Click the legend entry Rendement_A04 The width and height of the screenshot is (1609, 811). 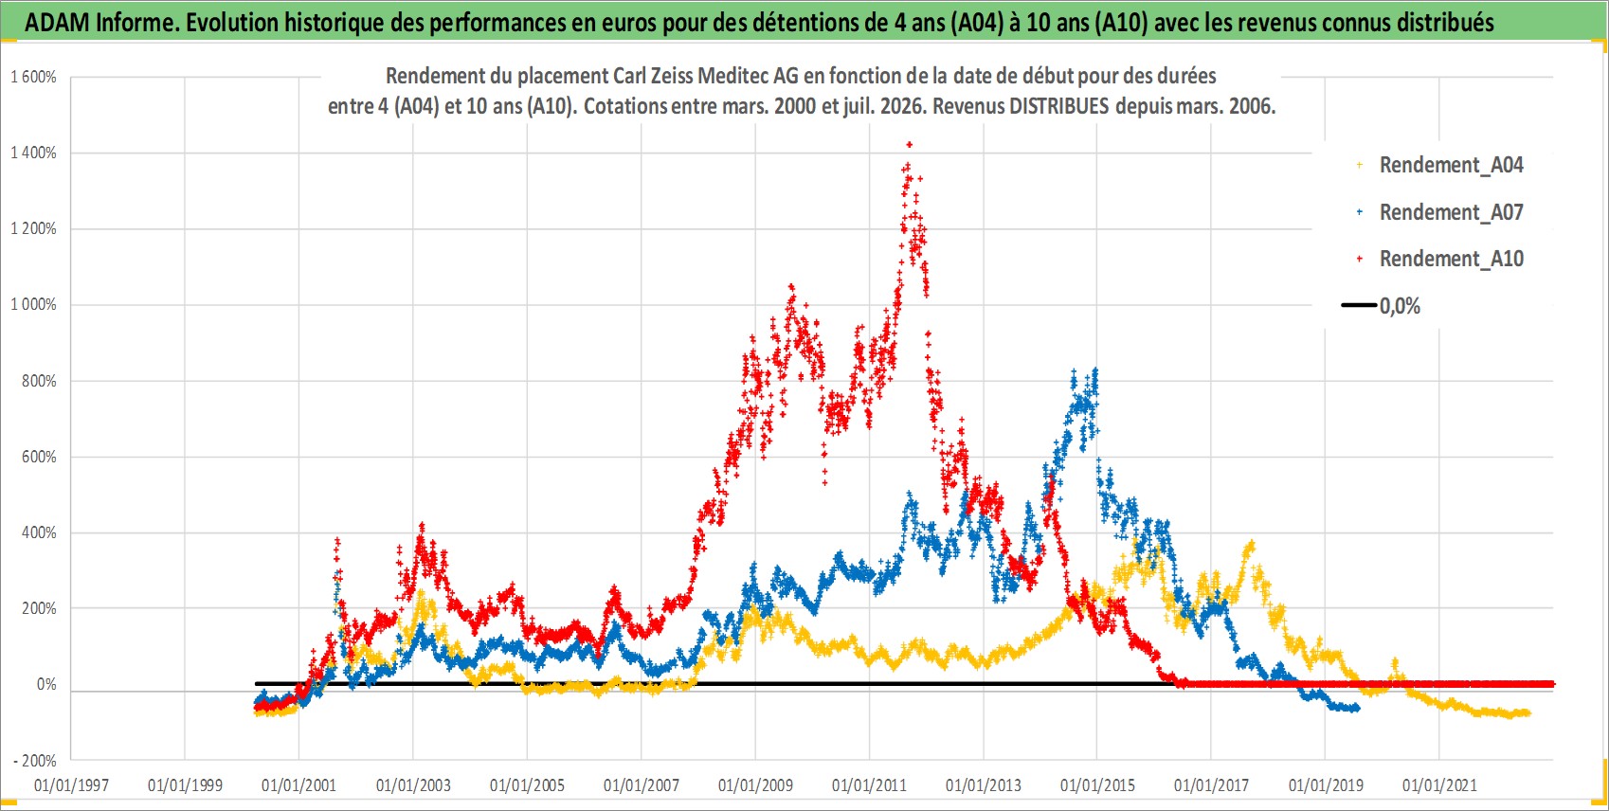(x=1440, y=165)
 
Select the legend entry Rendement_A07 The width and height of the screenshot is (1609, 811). (x=1440, y=212)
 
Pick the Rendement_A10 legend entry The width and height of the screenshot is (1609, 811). (x=1440, y=259)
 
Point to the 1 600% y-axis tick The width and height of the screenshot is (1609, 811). (x=33, y=77)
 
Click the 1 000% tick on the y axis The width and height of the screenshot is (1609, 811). (x=33, y=304)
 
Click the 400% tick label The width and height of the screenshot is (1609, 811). (x=39, y=533)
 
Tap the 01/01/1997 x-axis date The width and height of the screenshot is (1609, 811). (x=71, y=785)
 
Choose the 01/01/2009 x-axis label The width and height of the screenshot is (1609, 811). (x=755, y=785)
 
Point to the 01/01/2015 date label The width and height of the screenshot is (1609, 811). (x=1097, y=785)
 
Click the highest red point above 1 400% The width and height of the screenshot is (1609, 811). (x=910, y=144)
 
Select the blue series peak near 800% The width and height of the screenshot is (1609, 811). (x=1095, y=370)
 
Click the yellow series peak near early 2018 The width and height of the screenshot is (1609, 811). (x=1252, y=544)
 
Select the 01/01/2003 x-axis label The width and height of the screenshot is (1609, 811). (x=413, y=785)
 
